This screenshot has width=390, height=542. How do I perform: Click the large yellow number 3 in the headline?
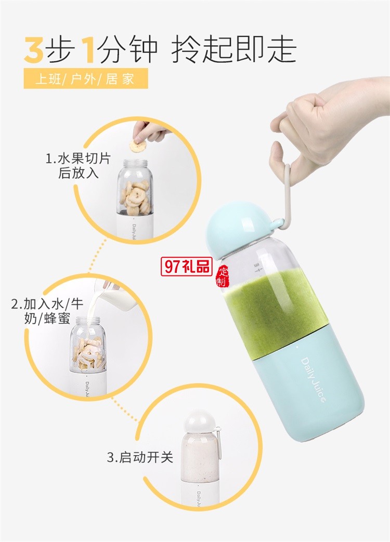pyautogui.click(x=34, y=50)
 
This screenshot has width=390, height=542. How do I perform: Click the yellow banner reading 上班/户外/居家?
pyautogui.click(x=86, y=78)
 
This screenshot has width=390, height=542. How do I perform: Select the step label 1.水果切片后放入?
pyautogui.click(x=79, y=166)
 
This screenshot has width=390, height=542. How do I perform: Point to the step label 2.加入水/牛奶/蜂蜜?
pyautogui.click(x=47, y=311)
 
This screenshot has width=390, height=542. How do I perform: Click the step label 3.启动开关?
pyautogui.click(x=140, y=457)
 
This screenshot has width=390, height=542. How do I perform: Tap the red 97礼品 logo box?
pyautogui.click(x=186, y=267)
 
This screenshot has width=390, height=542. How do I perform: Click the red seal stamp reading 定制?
pyautogui.click(x=222, y=277)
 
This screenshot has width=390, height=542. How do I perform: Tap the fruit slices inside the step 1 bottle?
pyautogui.click(x=135, y=197)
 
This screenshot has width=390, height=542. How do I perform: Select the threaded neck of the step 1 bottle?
pyautogui.click(x=135, y=163)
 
